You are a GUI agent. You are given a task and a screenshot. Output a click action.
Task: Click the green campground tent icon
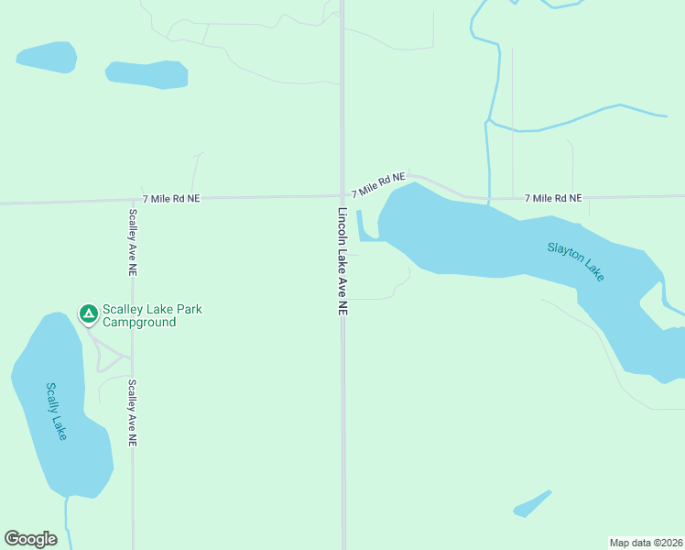point(88,315)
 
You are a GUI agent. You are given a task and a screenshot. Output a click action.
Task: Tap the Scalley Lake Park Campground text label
point(152,315)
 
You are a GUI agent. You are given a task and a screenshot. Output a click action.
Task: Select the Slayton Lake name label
point(576,260)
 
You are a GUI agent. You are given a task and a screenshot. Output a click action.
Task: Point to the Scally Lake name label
point(56,410)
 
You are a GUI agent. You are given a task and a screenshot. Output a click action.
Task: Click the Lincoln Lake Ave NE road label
point(342,262)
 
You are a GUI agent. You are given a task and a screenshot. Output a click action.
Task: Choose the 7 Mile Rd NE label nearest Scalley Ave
point(171,198)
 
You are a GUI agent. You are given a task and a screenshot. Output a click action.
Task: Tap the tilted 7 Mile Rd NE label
point(378,184)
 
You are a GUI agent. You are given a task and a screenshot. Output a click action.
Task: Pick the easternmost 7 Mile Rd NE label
point(553,198)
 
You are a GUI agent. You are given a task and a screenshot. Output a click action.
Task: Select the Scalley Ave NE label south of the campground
point(133,412)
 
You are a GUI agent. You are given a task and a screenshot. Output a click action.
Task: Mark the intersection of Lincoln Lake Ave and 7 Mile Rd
point(342,194)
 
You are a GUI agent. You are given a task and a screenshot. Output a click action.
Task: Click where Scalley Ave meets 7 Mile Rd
point(133,199)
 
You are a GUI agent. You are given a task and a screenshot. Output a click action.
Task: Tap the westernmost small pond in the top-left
point(47,57)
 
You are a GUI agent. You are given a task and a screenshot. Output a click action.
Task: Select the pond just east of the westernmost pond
point(147,74)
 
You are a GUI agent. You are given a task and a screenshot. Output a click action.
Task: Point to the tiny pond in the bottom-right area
point(532,504)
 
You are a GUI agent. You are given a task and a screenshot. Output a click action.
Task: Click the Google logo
point(30,539)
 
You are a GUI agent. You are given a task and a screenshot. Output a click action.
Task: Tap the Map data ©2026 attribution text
point(646,542)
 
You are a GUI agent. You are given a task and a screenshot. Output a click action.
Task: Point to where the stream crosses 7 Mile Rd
point(488,197)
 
